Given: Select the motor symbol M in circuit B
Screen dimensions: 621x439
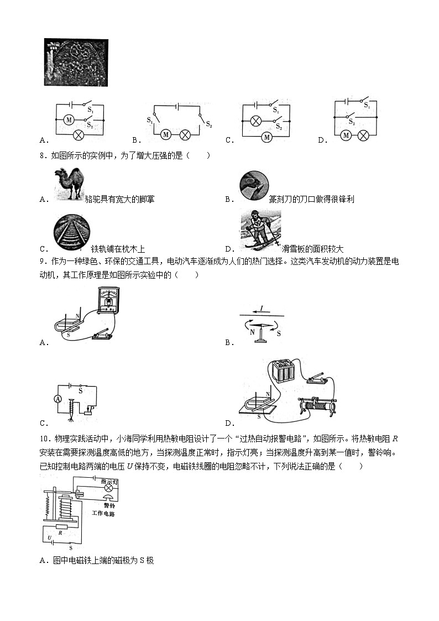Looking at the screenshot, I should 166,135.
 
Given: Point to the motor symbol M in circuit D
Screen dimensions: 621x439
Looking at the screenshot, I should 347,135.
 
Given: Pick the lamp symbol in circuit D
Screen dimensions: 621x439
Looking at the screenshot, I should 363,135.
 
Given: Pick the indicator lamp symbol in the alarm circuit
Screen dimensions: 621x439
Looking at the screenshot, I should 109,488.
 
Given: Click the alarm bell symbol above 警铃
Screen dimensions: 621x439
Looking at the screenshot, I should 108,498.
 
